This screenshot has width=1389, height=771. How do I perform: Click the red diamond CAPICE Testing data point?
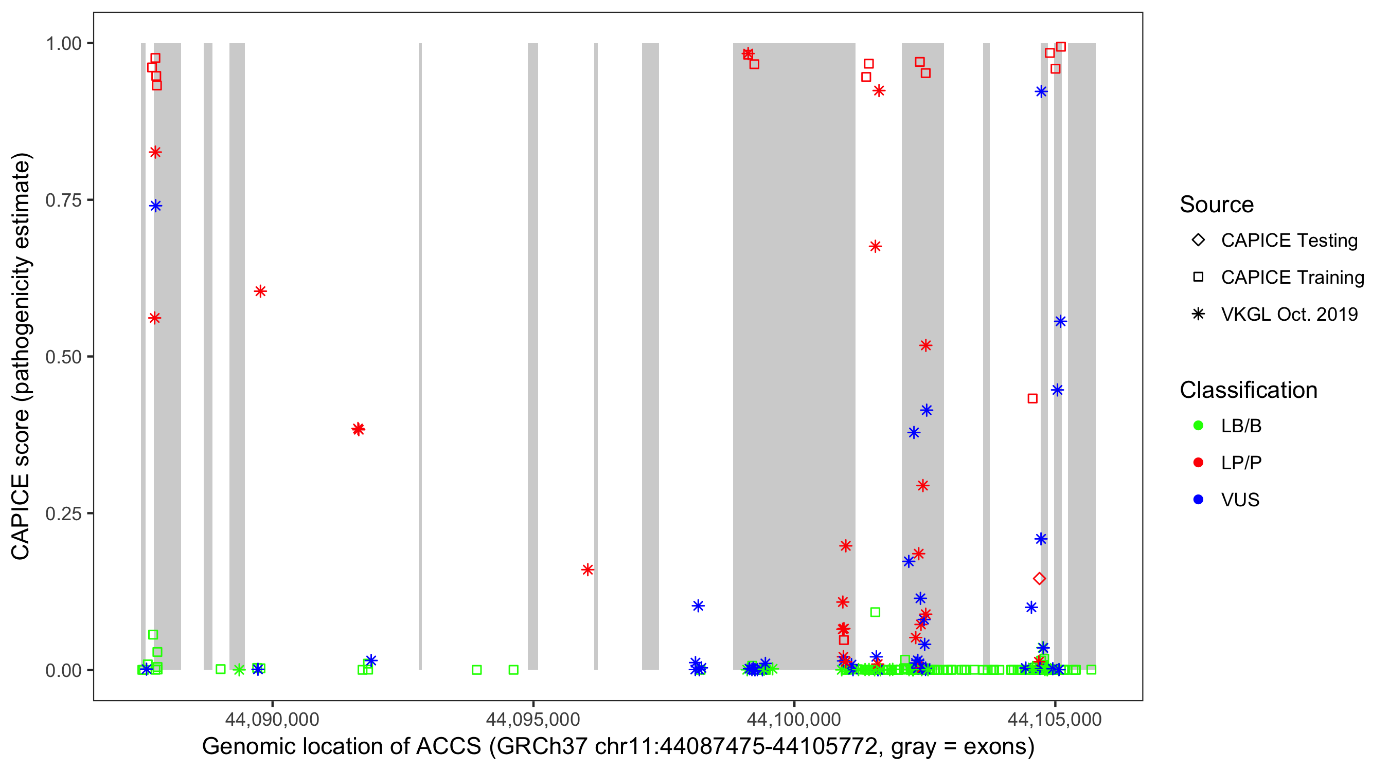[x=1040, y=579]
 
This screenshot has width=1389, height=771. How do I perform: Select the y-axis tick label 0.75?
[x=63, y=200]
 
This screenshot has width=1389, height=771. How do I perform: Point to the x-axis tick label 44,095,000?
[x=533, y=719]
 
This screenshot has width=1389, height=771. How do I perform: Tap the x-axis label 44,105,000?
[x=1055, y=719]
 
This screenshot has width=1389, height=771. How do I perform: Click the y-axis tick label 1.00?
[x=63, y=44]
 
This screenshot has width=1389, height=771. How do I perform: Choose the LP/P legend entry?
[x=1241, y=463]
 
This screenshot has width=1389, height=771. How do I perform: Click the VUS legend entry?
[x=1240, y=500]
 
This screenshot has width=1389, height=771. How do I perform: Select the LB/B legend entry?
[x=1241, y=426]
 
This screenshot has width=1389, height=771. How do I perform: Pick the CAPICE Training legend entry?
[x=1292, y=278]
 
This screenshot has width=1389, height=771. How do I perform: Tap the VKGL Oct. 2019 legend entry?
[x=1289, y=315]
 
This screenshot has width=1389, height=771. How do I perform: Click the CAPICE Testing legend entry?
[x=1289, y=241]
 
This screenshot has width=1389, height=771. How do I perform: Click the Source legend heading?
[x=1217, y=205]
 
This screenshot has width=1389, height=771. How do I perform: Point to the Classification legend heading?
[x=1248, y=390]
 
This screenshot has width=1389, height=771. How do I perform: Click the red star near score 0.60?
[x=260, y=291]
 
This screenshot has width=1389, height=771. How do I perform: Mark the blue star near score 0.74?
[x=156, y=206]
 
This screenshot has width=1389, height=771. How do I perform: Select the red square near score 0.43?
[x=1032, y=399]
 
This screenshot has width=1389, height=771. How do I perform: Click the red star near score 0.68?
[x=875, y=246]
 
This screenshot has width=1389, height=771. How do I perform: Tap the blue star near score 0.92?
[x=1041, y=91]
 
